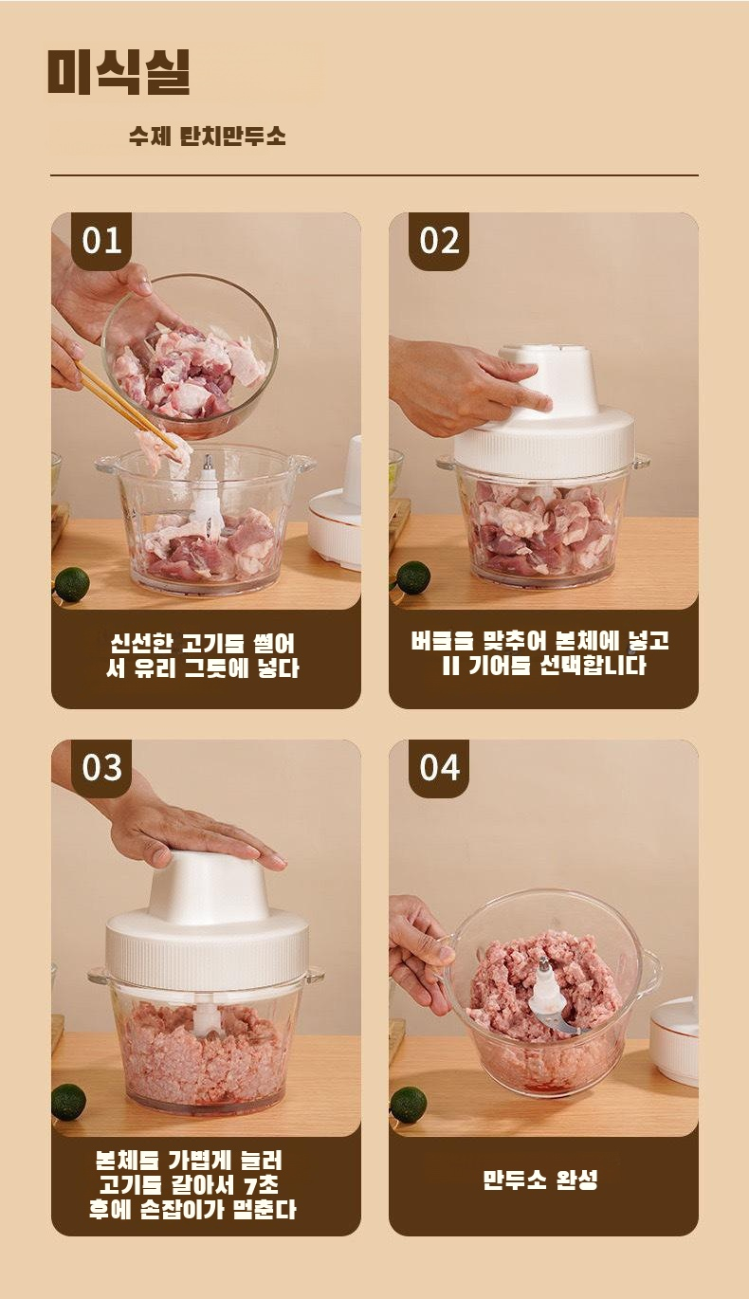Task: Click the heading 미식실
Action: [119, 72]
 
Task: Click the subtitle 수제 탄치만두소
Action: [208, 137]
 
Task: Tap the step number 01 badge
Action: [101, 241]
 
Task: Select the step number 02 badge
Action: [439, 241]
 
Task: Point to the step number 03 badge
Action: [101, 767]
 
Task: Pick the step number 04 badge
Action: [439, 767]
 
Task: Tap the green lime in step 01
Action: [72, 584]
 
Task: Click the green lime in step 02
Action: [412, 578]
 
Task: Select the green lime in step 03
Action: [68, 1102]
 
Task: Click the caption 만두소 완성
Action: [540, 1178]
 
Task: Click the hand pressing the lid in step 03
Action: [192, 830]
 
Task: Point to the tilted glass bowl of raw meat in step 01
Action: [191, 357]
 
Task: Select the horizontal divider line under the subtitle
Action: [374, 174]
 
